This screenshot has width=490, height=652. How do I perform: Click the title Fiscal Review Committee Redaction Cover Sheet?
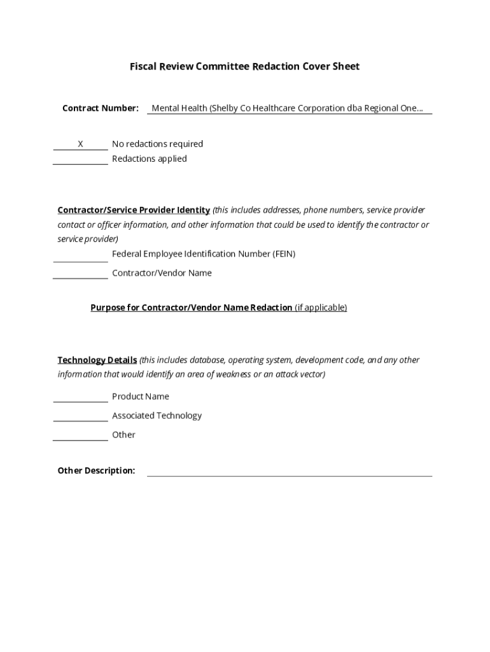(x=244, y=66)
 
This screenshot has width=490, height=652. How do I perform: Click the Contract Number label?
(x=100, y=108)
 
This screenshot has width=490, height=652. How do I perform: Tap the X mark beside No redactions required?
(x=80, y=145)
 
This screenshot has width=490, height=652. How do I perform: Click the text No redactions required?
(x=157, y=144)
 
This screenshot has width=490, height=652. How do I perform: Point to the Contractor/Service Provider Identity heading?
(x=134, y=210)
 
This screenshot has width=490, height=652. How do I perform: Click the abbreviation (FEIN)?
(x=284, y=254)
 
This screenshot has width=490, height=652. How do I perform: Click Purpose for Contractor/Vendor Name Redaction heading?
(x=191, y=308)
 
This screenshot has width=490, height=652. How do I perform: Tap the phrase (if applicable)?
(x=321, y=308)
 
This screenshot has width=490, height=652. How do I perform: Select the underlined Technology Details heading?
(x=97, y=360)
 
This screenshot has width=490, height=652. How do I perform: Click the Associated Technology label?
(x=157, y=416)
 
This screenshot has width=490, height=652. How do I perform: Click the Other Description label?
(x=96, y=471)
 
